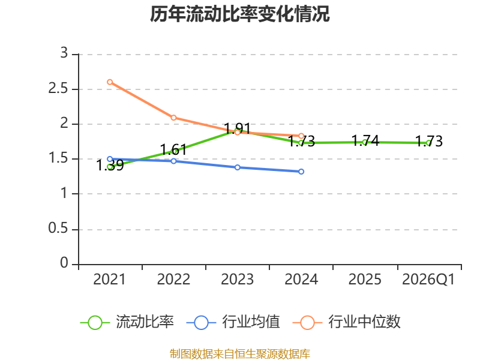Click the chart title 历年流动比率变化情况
(x=240, y=14)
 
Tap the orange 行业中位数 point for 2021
(x=110, y=82)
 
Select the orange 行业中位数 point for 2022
(x=173, y=118)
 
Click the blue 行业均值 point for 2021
(x=110, y=159)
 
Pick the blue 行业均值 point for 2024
(x=301, y=172)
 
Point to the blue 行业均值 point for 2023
(x=238, y=167)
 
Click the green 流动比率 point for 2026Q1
(x=428, y=143)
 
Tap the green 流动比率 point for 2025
(x=365, y=142)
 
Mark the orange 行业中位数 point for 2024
(x=301, y=136)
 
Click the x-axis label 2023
(x=238, y=280)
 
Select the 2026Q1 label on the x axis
(x=428, y=280)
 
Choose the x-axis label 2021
(x=110, y=280)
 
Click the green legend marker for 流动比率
(x=95, y=323)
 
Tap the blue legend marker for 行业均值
(x=201, y=323)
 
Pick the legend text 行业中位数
(x=365, y=322)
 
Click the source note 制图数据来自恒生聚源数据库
(x=240, y=353)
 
